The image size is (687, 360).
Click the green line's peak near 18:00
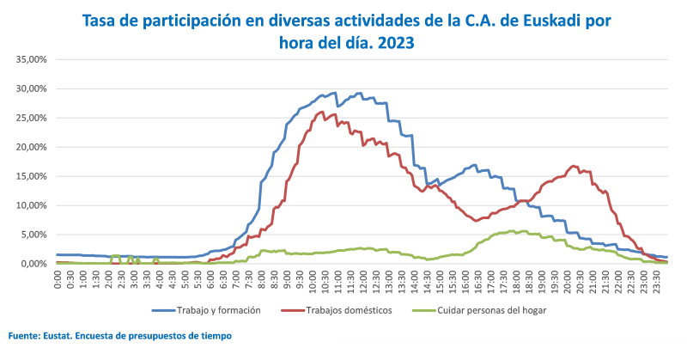tap(513, 230)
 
